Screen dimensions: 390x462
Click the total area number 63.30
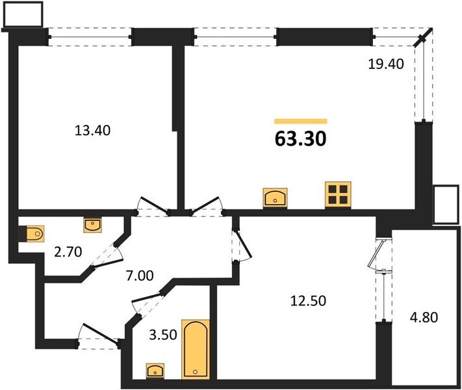pyautogui.click(x=300, y=138)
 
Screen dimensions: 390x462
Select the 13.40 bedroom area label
pyautogui.click(x=92, y=130)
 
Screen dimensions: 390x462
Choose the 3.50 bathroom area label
pyautogui.click(x=155, y=337)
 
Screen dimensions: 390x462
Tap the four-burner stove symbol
pyautogui.click(x=338, y=194)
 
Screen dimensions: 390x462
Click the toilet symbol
pyautogui.click(x=31, y=233)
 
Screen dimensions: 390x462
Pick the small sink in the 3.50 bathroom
pyautogui.click(x=155, y=370)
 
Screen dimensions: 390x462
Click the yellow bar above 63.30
pyautogui.click(x=300, y=121)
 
